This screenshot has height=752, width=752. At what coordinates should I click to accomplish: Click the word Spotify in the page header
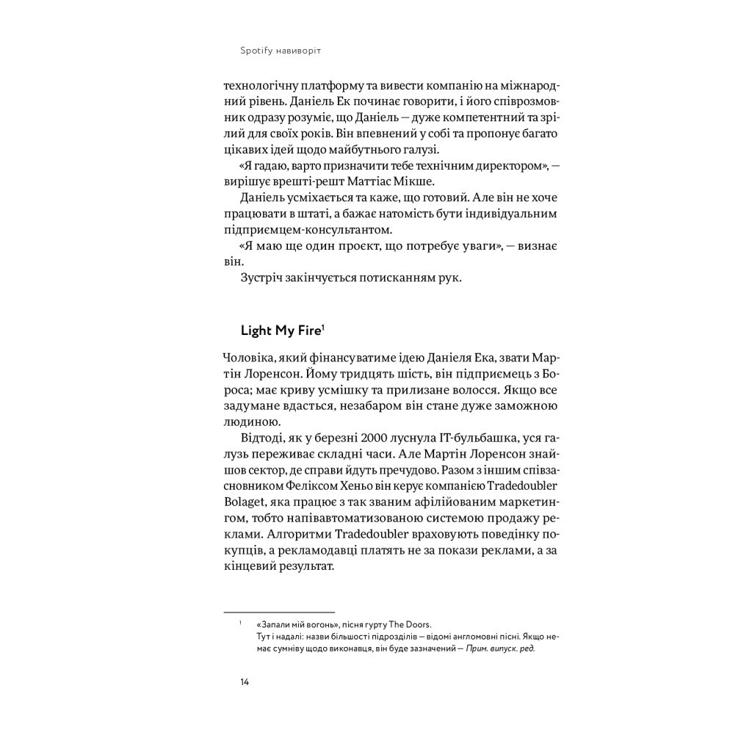coord(256,51)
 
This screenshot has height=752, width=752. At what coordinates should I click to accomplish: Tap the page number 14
coord(245,681)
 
